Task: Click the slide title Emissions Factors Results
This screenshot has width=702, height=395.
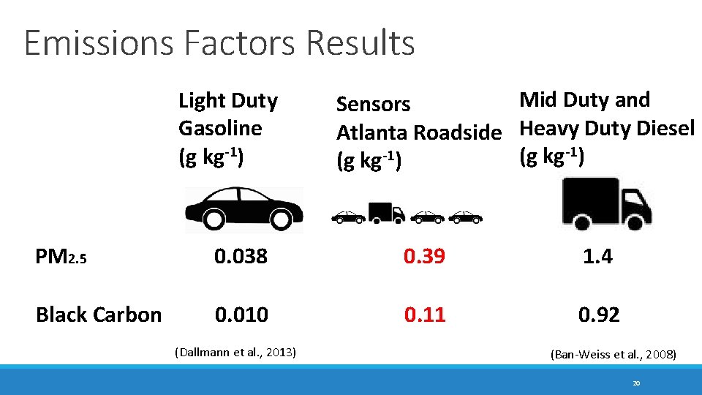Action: (x=219, y=42)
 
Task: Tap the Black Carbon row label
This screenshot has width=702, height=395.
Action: (x=99, y=315)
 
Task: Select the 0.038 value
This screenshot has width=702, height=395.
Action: (x=241, y=257)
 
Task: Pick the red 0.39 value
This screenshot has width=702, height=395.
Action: (x=425, y=257)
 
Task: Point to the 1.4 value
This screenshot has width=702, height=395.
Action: (x=597, y=257)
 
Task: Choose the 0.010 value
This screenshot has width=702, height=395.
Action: (x=241, y=315)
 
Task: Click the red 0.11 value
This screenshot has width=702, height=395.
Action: (x=425, y=315)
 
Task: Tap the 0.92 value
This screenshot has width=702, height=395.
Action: (x=598, y=315)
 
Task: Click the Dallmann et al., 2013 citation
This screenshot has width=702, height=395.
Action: (x=235, y=352)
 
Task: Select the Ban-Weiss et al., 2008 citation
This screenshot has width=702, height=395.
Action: (x=613, y=355)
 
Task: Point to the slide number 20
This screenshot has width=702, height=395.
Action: (x=636, y=383)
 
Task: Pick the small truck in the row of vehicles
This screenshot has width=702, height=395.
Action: (x=386, y=212)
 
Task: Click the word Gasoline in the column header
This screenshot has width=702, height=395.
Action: (x=220, y=129)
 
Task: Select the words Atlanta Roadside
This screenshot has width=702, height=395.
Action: (x=418, y=133)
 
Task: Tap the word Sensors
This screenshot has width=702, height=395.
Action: (x=373, y=105)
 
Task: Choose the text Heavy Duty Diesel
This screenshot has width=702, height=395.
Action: (x=606, y=129)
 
